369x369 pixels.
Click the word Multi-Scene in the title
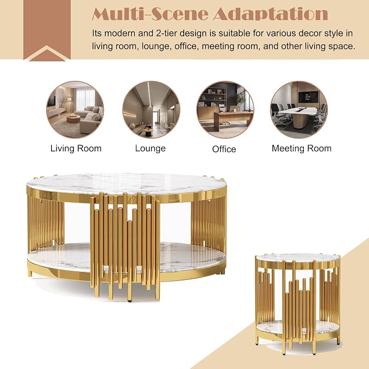pos(150,14)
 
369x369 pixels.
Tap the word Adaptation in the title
pos(271,14)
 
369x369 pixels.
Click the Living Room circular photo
pos(75,110)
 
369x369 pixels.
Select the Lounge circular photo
pos(151,110)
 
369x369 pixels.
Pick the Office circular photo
pos(225,110)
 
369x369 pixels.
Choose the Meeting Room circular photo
pos(299,110)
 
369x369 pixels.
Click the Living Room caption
pos(76,148)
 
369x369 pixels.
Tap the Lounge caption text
pos(151,148)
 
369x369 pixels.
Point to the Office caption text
pos(224,149)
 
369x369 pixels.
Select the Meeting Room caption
pos(302,148)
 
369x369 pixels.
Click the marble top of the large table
pos(126,183)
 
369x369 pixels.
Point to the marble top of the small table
pos(298,258)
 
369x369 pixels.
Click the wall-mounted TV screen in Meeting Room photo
pos(308,97)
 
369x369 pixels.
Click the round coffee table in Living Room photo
pos(73,118)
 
